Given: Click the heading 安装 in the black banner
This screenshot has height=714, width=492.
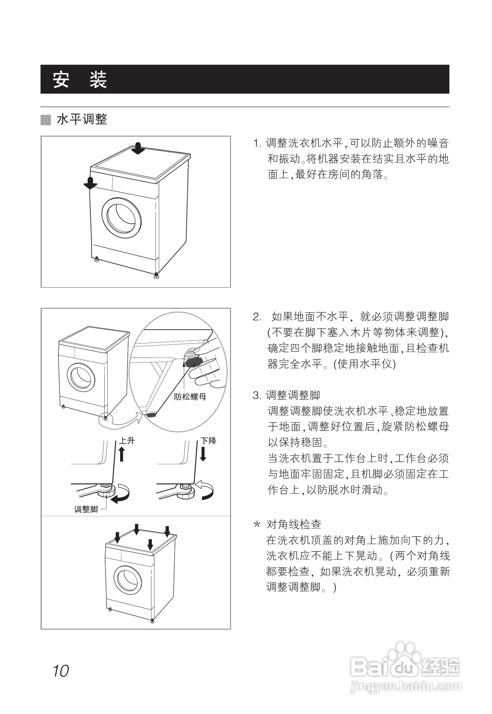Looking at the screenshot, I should tap(80, 80).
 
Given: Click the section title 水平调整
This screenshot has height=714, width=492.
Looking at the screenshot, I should tap(82, 119).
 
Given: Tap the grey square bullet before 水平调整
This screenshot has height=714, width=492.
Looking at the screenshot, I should tap(46, 120).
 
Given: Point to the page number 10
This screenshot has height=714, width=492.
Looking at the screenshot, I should tap(61, 671).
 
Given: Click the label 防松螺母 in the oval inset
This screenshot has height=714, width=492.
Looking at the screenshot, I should tap(190, 396).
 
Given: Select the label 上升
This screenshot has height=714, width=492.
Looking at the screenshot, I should tap(127, 441).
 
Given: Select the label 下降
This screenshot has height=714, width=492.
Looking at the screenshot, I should tap(208, 441).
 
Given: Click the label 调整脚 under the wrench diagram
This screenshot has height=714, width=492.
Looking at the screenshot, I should tap(86, 509).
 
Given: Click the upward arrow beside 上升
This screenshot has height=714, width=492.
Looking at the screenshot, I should tap(122, 454).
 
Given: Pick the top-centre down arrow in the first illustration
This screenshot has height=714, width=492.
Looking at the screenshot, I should tap(138, 148).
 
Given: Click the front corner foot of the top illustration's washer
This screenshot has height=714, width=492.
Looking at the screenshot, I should tap(156, 275).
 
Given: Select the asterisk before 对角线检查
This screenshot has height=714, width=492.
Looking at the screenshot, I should tap(257, 525).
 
